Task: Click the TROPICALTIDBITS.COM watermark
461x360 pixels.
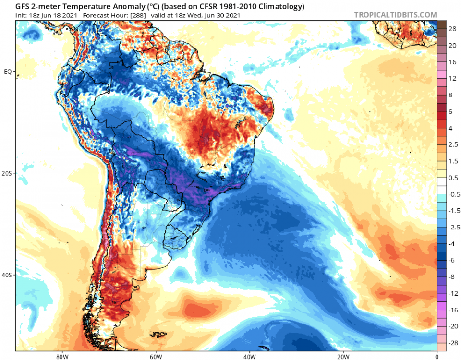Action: point(395,15)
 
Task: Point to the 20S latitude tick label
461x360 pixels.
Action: point(7,173)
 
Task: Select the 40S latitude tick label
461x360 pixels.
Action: point(7,276)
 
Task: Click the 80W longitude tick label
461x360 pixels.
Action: point(61,357)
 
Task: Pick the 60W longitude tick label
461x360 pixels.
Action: point(155,357)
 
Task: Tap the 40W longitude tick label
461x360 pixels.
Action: point(249,357)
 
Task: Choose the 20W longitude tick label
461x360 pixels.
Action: point(343,357)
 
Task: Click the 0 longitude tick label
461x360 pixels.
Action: point(437,357)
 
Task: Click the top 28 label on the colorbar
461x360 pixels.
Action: point(452,29)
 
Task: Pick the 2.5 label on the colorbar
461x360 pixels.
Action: point(452,144)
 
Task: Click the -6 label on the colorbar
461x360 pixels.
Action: point(452,260)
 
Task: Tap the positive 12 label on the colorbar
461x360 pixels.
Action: point(452,78)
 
